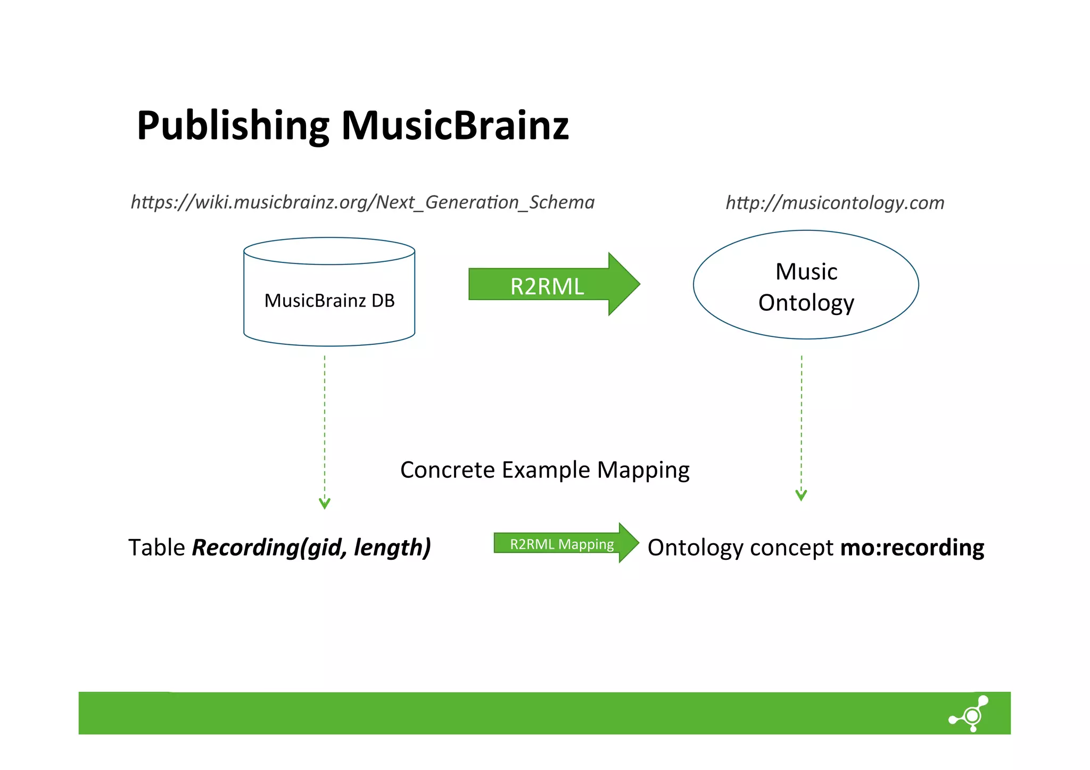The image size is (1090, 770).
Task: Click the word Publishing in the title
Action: pos(233,126)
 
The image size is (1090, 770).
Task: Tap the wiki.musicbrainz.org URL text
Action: pos(362,202)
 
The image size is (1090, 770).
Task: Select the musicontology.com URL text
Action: pos(835,203)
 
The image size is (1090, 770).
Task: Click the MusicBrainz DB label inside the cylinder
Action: pos(329,301)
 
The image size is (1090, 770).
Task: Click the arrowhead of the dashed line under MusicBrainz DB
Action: pos(324,503)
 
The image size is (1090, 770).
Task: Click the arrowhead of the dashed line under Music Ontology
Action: pos(801,495)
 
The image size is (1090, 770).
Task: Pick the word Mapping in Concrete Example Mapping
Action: pos(643,470)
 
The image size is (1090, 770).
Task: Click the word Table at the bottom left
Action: pos(156,548)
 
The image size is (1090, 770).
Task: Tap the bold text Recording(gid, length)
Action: pos(311,548)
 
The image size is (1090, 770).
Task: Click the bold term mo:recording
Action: pos(912,548)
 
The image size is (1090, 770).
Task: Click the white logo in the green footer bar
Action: pos(970,714)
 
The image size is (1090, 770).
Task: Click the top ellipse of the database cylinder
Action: pos(329,251)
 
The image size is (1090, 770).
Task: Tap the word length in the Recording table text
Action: pos(392,548)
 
